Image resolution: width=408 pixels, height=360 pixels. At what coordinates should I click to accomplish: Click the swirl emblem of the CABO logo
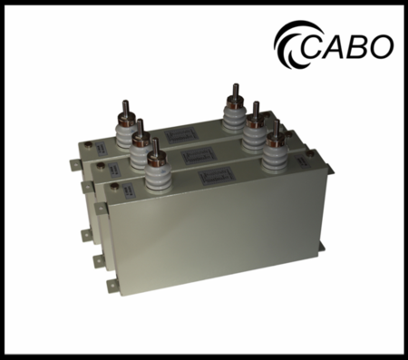pos(291,43)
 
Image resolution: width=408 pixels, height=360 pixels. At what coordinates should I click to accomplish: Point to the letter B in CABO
pos(361,44)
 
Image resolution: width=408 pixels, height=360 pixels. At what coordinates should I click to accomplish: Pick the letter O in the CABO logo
pos(382,44)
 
